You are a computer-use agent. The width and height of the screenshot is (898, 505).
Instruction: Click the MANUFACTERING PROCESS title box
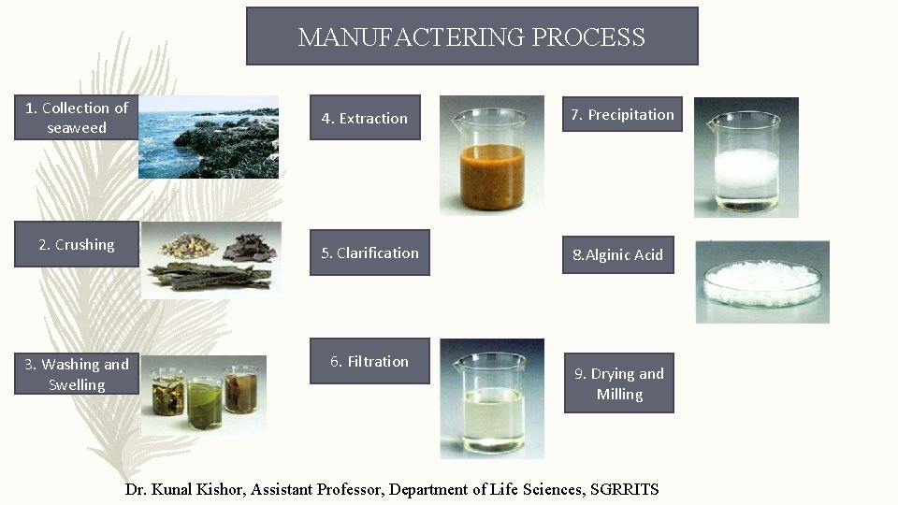click(x=471, y=36)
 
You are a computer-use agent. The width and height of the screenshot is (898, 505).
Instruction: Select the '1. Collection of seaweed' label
click(x=77, y=118)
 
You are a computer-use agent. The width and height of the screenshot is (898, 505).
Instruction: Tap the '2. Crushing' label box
click(x=77, y=245)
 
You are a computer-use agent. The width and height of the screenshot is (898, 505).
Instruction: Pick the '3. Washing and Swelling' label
click(x=77, y=374)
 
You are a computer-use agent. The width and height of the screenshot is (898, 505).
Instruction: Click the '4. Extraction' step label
click(x=365, y=118)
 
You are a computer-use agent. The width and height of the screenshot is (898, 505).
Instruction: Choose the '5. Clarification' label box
click(x=369, y=252)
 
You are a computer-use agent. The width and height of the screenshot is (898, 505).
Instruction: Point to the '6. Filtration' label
click(x=369, y=361)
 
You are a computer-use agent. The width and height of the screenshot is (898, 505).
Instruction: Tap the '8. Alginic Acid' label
click(x=618, y=254)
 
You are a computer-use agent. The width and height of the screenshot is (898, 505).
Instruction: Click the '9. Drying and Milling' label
click(x=619, y=383)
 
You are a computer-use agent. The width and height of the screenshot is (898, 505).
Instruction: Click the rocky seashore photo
click(x=209, y=137)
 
